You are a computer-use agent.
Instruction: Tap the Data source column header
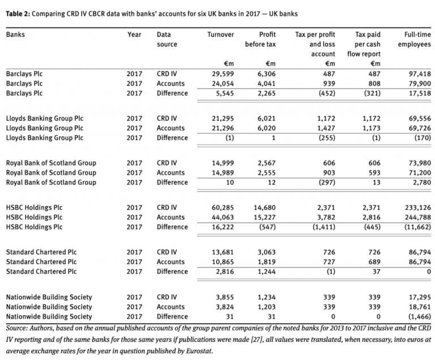167,39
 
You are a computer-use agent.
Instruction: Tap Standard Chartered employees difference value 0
428,272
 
